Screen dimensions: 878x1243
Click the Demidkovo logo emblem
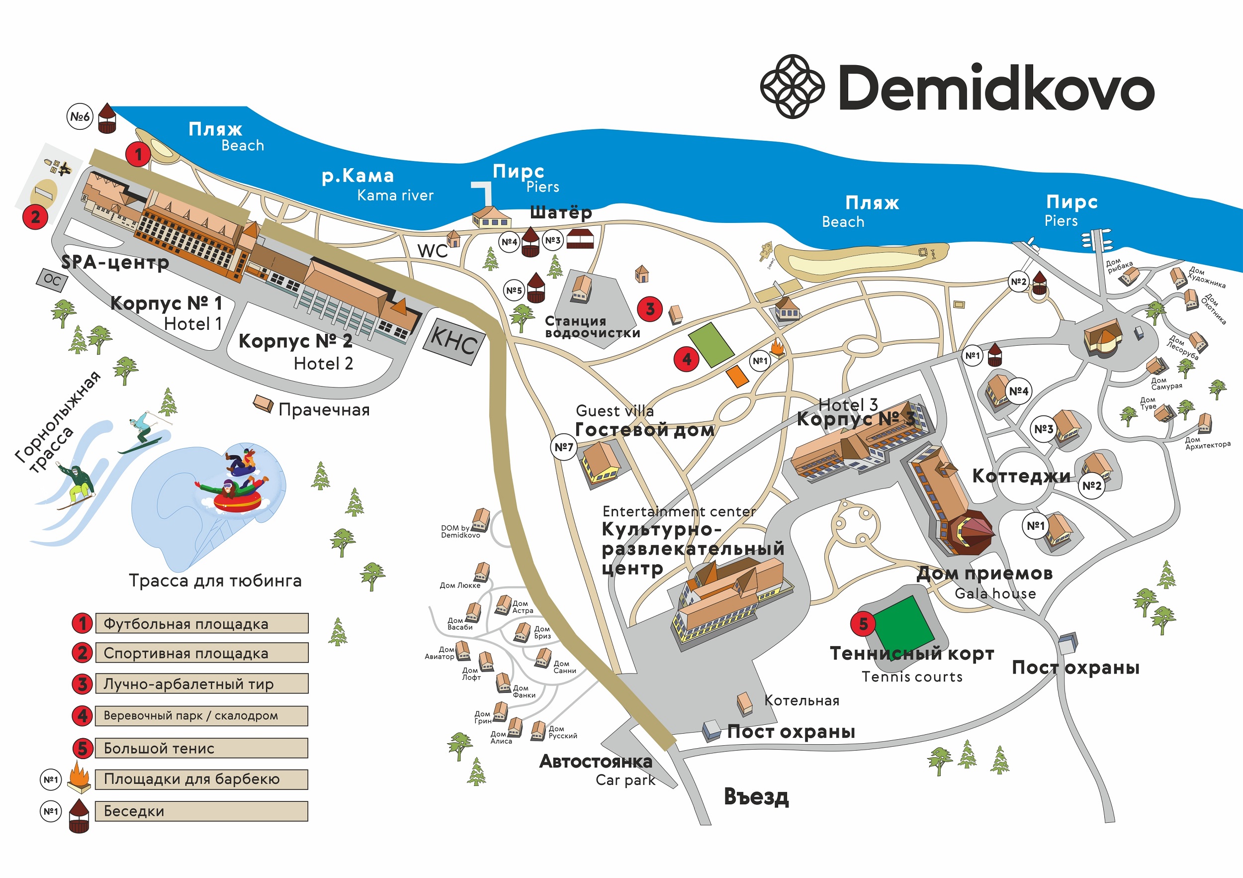point(792,86)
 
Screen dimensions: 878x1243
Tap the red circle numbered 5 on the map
point(863,623)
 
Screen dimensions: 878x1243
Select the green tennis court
point(903,627)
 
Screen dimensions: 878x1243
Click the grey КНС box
point(453,341)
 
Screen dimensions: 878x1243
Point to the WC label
point(433,251)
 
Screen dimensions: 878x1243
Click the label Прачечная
point(324,409)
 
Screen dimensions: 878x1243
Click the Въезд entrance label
point(756,797)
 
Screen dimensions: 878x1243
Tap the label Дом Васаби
point(459,624)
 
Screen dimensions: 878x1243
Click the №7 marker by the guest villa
point(563,447)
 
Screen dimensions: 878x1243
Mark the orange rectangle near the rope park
point(737,376)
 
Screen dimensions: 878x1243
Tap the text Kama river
point(395,195)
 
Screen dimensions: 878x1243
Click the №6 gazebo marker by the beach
point(80,116)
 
